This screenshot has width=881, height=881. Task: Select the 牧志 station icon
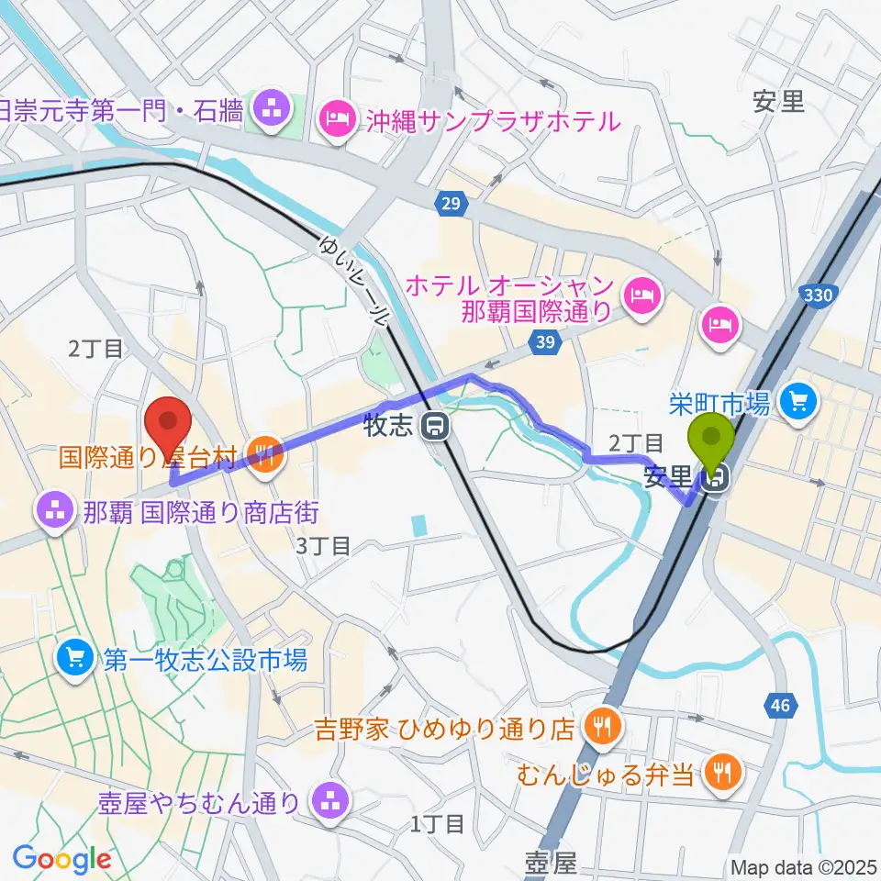(431, 425)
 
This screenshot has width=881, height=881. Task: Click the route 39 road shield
(544, 340)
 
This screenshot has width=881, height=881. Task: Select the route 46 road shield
(780, 705)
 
